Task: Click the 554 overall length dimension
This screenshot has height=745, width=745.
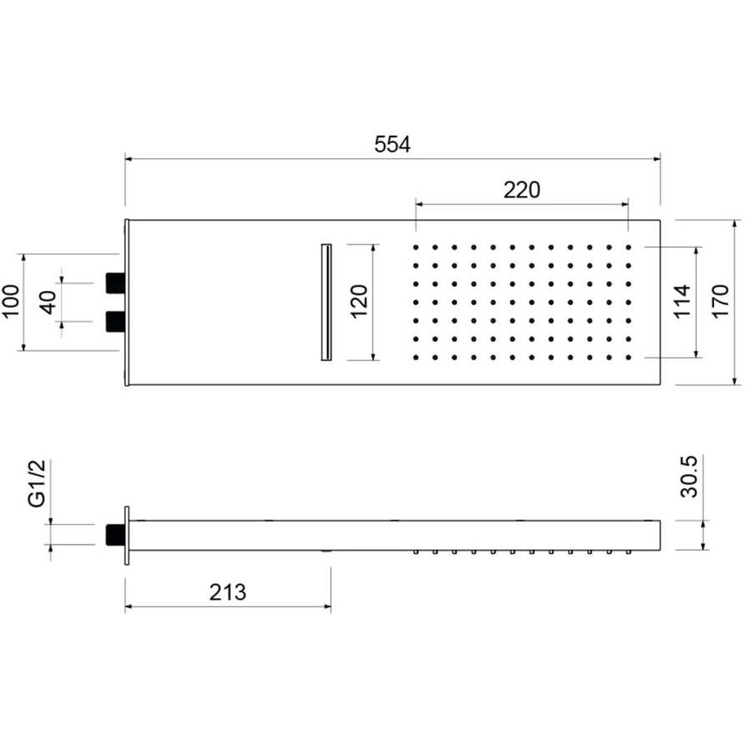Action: [x=392, y=144]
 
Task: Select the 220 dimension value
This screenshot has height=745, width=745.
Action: [x=521, y=190]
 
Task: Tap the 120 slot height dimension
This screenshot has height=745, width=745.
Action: [x=360, y=301]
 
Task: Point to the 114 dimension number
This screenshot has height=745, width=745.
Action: [x=682, y=301]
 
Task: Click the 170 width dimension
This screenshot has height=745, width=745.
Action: [x=720, y=301]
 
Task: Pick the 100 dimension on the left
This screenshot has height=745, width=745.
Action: [x=11, y=302]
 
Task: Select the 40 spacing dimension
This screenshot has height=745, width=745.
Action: [x=48, y=302]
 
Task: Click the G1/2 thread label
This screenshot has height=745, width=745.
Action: [x=37, y=483]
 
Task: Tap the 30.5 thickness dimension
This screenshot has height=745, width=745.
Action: [x=688, y=476]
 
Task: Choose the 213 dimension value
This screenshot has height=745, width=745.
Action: [x=228, y=592]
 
